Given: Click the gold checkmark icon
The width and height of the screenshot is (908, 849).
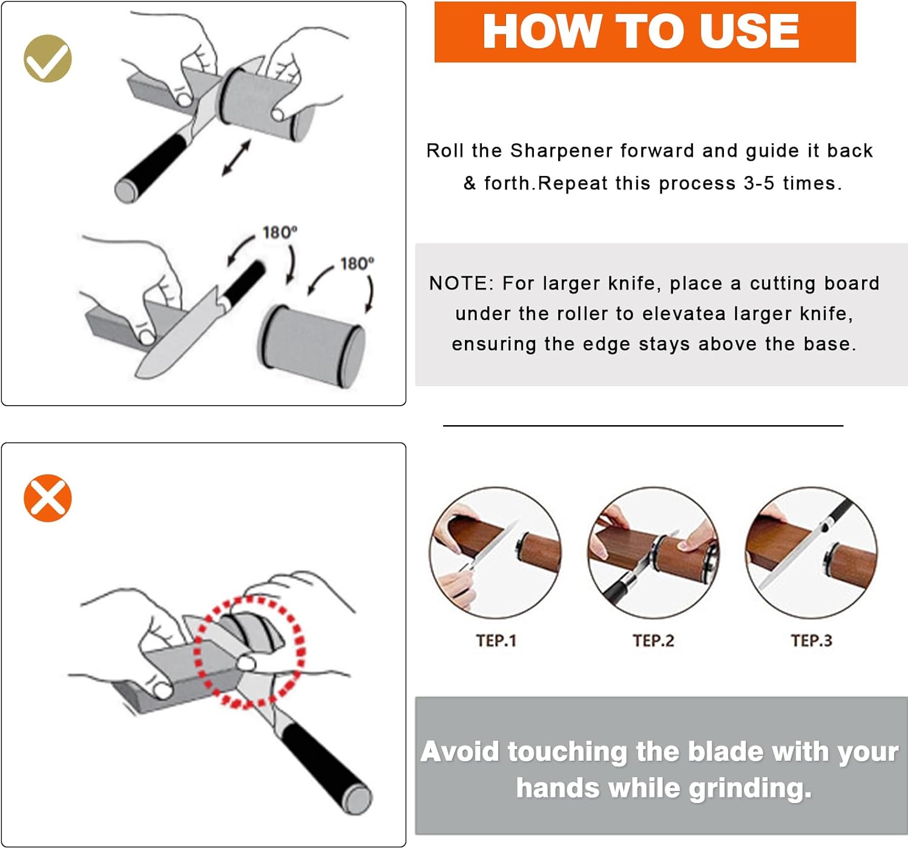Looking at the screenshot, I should coord(48,59).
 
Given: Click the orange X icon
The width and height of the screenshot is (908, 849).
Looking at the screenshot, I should coord(48,498).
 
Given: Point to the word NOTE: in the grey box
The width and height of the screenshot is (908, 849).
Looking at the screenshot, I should coord(461,283).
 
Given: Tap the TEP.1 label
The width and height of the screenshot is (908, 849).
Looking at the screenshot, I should coord(496,640).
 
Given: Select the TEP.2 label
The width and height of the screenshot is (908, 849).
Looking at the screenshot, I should coord(653,640).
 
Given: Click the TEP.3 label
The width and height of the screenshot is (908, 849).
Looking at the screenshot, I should coord(811,640).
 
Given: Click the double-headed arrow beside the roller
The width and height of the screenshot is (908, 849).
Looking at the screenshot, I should coord(236,158).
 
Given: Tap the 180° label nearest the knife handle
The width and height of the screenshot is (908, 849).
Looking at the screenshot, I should coord(280,233).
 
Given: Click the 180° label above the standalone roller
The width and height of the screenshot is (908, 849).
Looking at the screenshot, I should coord(357,264).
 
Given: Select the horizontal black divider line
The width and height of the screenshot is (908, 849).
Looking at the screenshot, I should coord(643,426).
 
